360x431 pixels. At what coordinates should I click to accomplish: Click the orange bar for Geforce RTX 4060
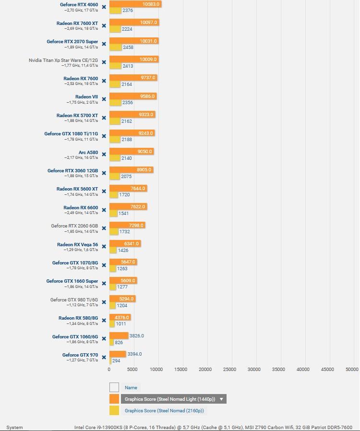[x=135, y=4]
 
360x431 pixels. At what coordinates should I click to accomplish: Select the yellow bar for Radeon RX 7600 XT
[x=115, y=29]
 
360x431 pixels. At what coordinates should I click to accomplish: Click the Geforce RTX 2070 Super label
[x=72, y=42]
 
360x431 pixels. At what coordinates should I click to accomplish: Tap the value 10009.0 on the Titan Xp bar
[x=148, y=60]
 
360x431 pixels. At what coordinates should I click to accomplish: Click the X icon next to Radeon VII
[x=104, y=99]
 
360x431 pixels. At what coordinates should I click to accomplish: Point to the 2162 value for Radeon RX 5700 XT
[x=126, y=121]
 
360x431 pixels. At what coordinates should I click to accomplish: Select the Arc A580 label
[x=88, y=153]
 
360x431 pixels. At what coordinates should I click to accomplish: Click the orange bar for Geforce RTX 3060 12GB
[x=131, y=170]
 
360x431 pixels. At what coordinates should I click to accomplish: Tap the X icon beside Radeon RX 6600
[x=104, y=210]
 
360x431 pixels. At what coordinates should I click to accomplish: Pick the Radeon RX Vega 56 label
[x=77, y=245]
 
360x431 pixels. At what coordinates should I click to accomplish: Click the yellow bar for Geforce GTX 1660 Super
[x=113, y=287]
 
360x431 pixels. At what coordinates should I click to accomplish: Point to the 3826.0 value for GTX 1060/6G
[x=136, y=336]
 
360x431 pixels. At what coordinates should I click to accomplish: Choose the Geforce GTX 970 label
[x=80, y=355]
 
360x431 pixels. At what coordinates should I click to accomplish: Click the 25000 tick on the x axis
[x=230, y=369]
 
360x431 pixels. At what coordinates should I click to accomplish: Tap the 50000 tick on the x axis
[x=352, y=369]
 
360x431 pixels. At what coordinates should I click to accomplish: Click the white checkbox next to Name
[x=114, y=387]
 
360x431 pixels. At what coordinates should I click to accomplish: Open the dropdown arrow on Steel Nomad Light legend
[x=221, y=399]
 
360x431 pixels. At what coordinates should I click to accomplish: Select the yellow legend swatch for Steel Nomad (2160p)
[x=114, y=410]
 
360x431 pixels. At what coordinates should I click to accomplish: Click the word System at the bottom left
[x=14, y=427]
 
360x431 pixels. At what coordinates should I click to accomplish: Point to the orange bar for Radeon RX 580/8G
[x=120, y=317]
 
